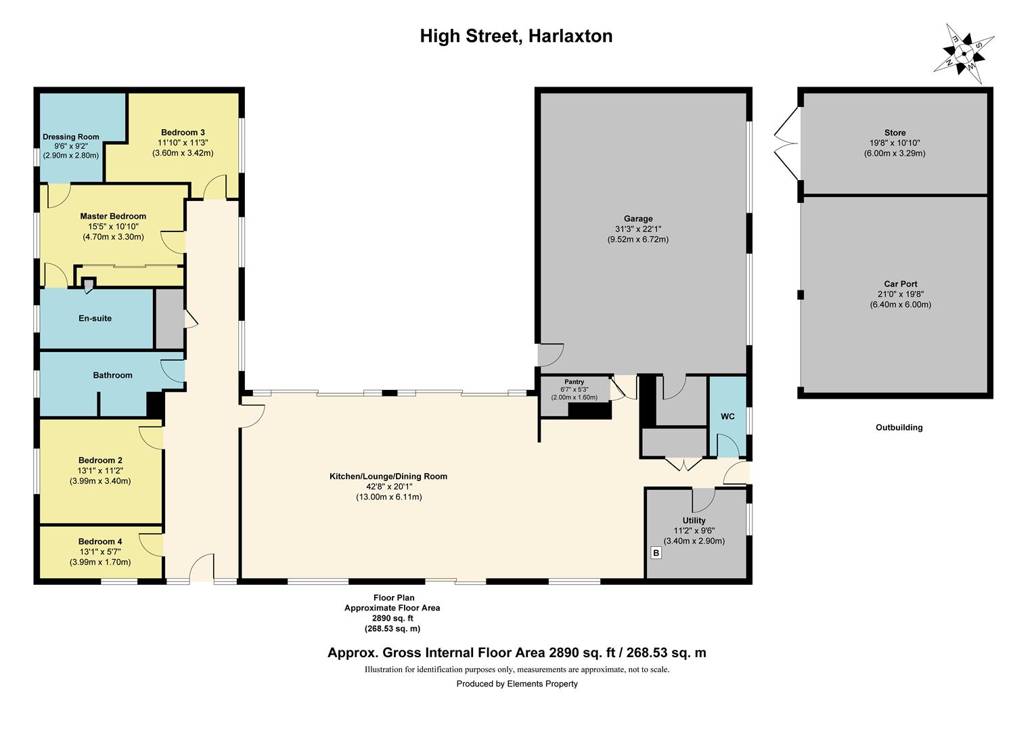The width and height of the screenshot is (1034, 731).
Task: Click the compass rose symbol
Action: pyautogui.click(x=964, y=53)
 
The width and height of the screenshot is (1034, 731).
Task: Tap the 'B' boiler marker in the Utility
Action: pyautogui.click(x=655, y=553)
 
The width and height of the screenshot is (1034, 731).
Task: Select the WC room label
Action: pyautogui.click(x=727, y=416)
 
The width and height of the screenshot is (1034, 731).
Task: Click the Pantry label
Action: pyautogui.click(x=574, y=382)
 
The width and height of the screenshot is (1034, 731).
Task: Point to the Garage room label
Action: pyautogui.click(x=638, y=219)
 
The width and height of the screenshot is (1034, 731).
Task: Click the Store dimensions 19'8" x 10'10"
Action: pyautogui.click(x=895, y=143)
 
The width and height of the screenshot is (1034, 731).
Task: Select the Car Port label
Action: pyautogui.click(x=900, y=284)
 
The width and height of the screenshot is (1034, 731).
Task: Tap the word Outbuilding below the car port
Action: pyautogui.click(x=899, y=428)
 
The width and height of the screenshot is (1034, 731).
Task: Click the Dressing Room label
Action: pyautogui.click(x=71, y=137)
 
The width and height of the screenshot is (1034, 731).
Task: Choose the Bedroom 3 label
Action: pyautogui.click(x=183, y=133)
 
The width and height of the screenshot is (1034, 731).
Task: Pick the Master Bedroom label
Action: pyautogui.click(x=113, y=217)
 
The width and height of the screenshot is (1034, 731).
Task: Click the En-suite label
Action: pyautogui.click(x=95, y=318)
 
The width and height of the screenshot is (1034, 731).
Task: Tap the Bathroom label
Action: pyautogui.click(x=112, y=375)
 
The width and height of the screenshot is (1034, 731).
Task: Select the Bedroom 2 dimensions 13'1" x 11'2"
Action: pyautogui.click(x=100, y=470)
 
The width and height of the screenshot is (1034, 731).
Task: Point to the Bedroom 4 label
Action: pyautogui.click(x=100, y=541)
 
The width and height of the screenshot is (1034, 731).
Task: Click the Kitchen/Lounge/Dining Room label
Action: pyautogui.click(x=388, y=477)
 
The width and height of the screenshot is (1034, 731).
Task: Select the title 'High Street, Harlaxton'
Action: pyautogui.click(x=516, y=36)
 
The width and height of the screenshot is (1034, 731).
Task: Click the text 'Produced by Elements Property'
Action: pyautogui.click(x=517, y=684)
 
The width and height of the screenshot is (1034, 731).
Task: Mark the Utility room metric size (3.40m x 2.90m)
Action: pyautogui.click(x=694, y=541)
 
